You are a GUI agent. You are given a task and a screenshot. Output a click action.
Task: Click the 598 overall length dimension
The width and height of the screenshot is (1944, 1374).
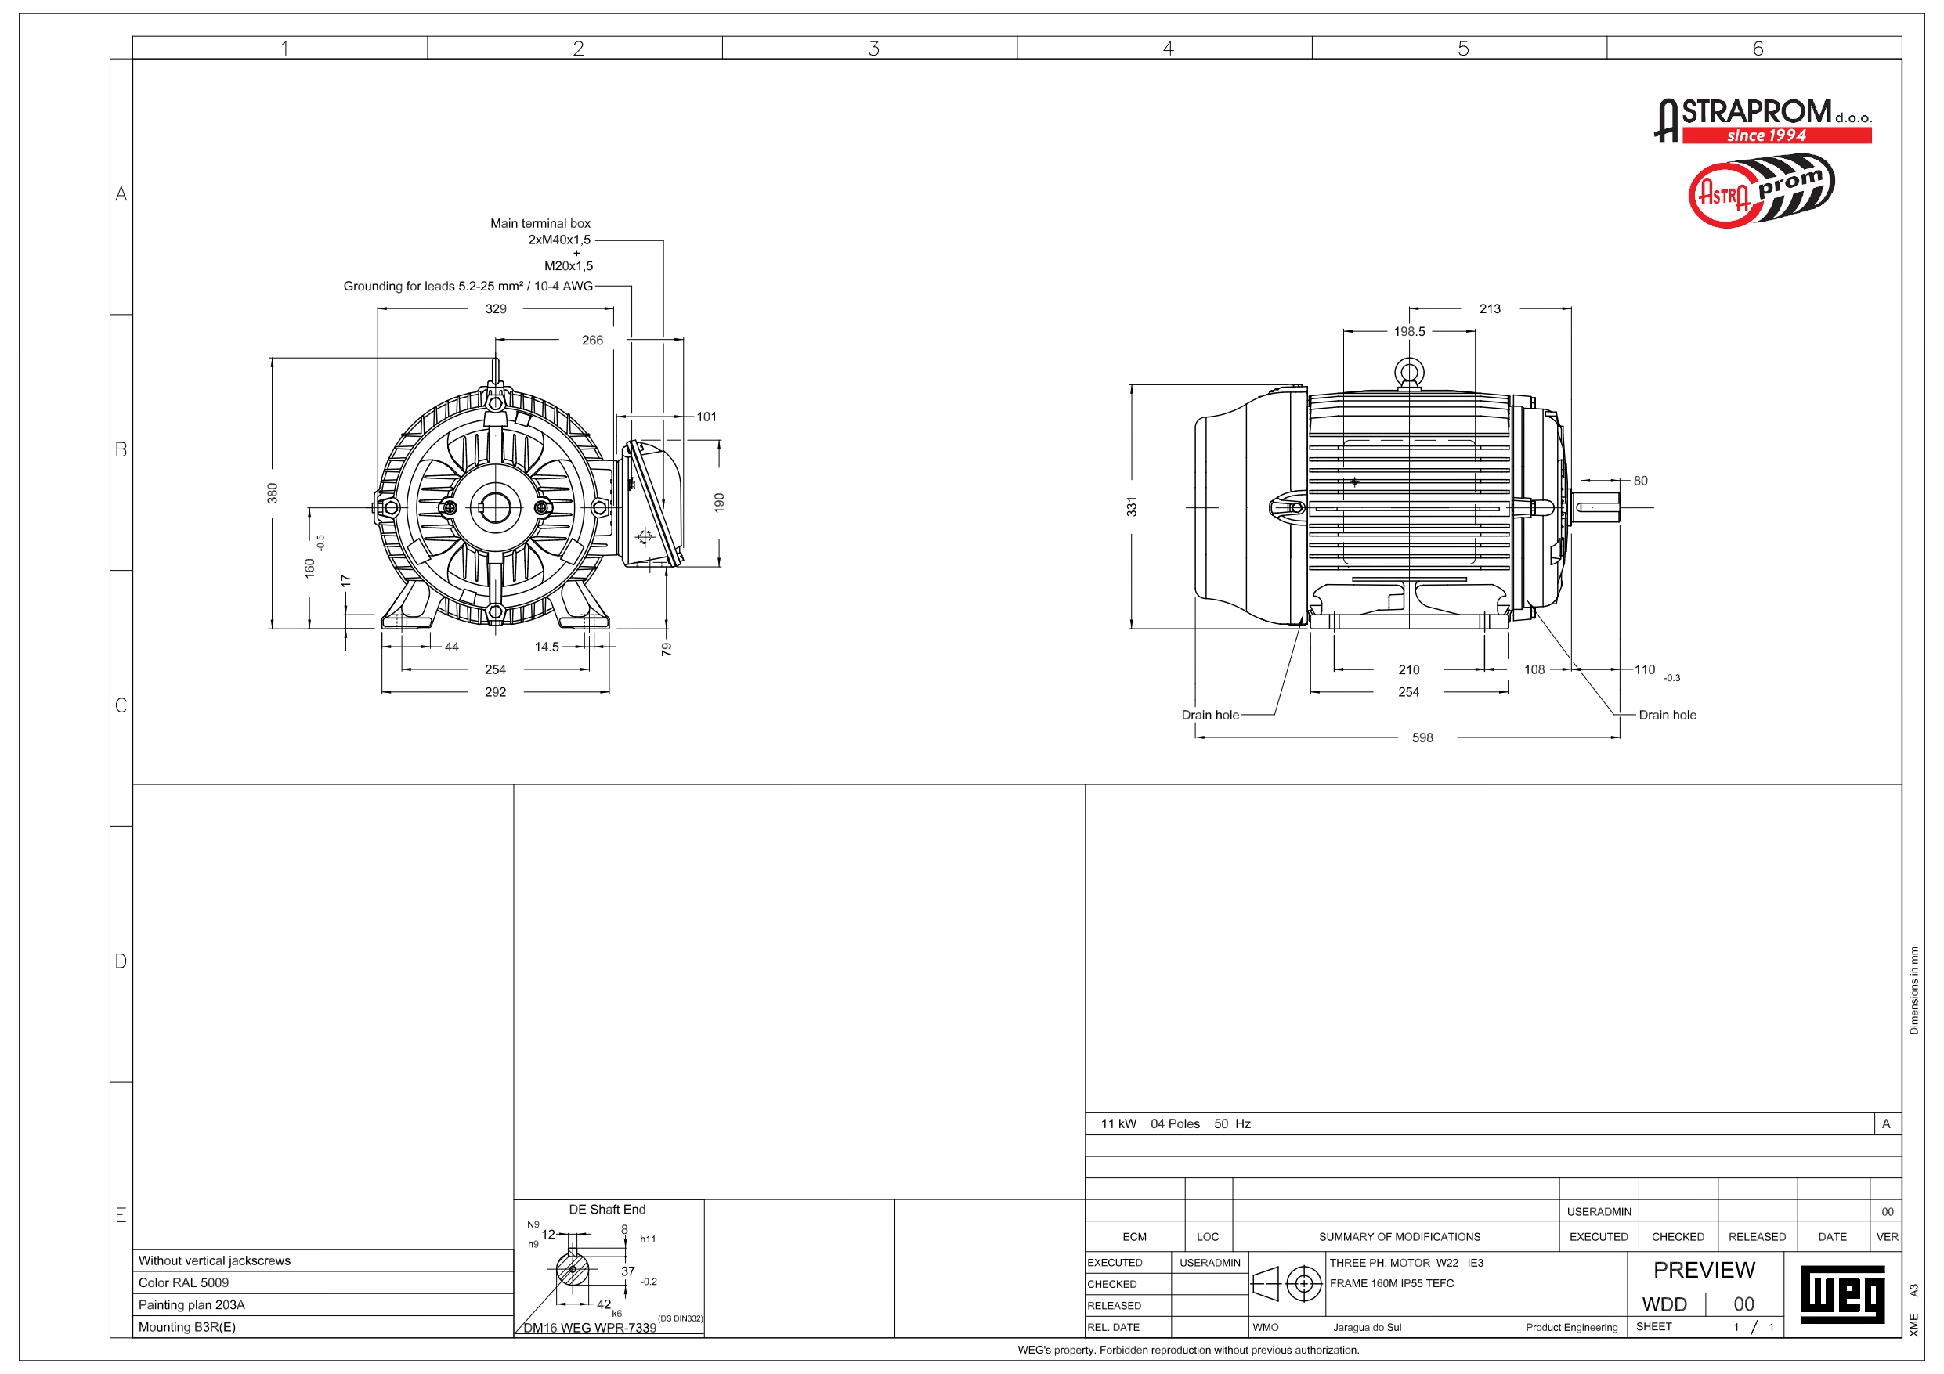1422,737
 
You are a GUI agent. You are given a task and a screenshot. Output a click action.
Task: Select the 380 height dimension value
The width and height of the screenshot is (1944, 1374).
273,492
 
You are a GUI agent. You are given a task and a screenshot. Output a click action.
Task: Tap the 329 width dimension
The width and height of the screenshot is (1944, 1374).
496,309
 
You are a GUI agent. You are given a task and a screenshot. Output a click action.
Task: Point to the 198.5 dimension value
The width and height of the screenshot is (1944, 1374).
1410,332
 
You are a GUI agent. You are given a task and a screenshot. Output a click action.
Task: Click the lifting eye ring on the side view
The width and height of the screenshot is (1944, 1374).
1409,372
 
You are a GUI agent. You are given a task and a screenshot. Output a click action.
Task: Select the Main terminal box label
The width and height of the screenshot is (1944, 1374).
540,223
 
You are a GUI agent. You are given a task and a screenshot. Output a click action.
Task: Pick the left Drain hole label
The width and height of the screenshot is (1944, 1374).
1210,716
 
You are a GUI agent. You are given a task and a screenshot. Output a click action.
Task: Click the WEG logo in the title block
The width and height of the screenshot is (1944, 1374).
1842,1294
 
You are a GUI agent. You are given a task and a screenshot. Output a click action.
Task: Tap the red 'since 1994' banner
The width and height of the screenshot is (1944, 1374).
1776,135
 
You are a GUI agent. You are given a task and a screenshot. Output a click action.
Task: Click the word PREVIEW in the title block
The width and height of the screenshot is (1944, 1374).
1704,1270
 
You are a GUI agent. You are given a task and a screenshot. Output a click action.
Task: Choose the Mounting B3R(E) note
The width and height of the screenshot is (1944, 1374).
187,1326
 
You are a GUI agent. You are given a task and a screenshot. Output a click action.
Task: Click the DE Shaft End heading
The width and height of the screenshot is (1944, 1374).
607,1210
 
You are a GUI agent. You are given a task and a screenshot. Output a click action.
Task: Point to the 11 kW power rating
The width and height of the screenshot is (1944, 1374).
1118,1124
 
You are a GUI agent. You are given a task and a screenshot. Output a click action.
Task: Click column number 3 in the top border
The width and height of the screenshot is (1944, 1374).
874,49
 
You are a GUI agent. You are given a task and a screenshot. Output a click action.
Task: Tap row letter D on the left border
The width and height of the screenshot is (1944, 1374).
121,961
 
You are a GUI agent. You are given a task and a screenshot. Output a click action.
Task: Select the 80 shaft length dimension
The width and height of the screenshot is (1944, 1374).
1641,481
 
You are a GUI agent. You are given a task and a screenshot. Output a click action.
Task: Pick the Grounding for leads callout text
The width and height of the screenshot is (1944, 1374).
468,286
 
